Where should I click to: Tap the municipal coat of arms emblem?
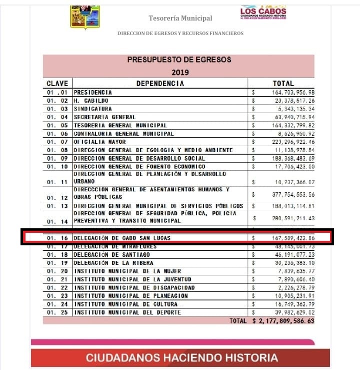click(84, 17)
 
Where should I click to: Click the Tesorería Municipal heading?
click(180, 19)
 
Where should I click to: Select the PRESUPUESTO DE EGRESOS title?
click(179, 60)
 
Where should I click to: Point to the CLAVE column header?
click(57, 84)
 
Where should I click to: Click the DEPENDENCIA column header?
click(160, 84)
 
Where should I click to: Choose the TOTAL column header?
click(283, 84)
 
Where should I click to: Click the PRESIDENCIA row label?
click(93, 93)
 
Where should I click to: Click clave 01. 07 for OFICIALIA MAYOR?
click(57, 142)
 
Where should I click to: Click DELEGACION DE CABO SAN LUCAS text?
click(122, 238)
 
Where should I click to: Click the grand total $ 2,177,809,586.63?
click(283, 321)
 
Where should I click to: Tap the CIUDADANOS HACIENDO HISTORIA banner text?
click(181, 358)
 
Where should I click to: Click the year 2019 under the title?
click(179, 72)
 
